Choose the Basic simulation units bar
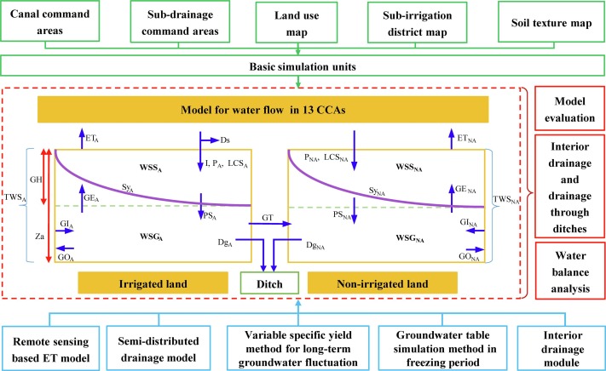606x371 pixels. coord(302,66)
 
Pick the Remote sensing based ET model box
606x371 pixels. coord(55,339)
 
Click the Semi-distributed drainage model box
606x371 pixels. coord(174,339)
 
